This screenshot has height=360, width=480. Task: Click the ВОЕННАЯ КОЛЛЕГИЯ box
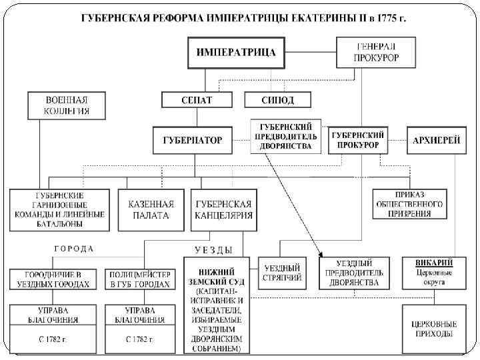tap(67, 105)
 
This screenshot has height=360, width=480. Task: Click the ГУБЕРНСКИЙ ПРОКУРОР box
tap(359, 139)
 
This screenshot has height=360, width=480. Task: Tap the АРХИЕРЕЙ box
tap(437, 140)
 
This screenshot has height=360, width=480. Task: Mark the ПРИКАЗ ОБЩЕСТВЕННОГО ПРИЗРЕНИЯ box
tap(408, 203)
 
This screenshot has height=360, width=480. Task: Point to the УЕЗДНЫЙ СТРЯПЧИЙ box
tap(283, 272)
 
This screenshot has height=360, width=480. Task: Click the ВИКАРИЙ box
tap(434, 272)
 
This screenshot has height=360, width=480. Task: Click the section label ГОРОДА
tap(73, 249)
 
